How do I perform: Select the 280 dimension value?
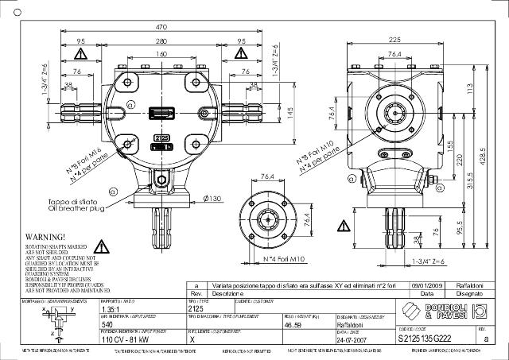[161, 41]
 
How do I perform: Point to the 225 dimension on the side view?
[394, 40]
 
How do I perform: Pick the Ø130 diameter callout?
[212, 198]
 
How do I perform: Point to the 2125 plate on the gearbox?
[161, 137]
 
